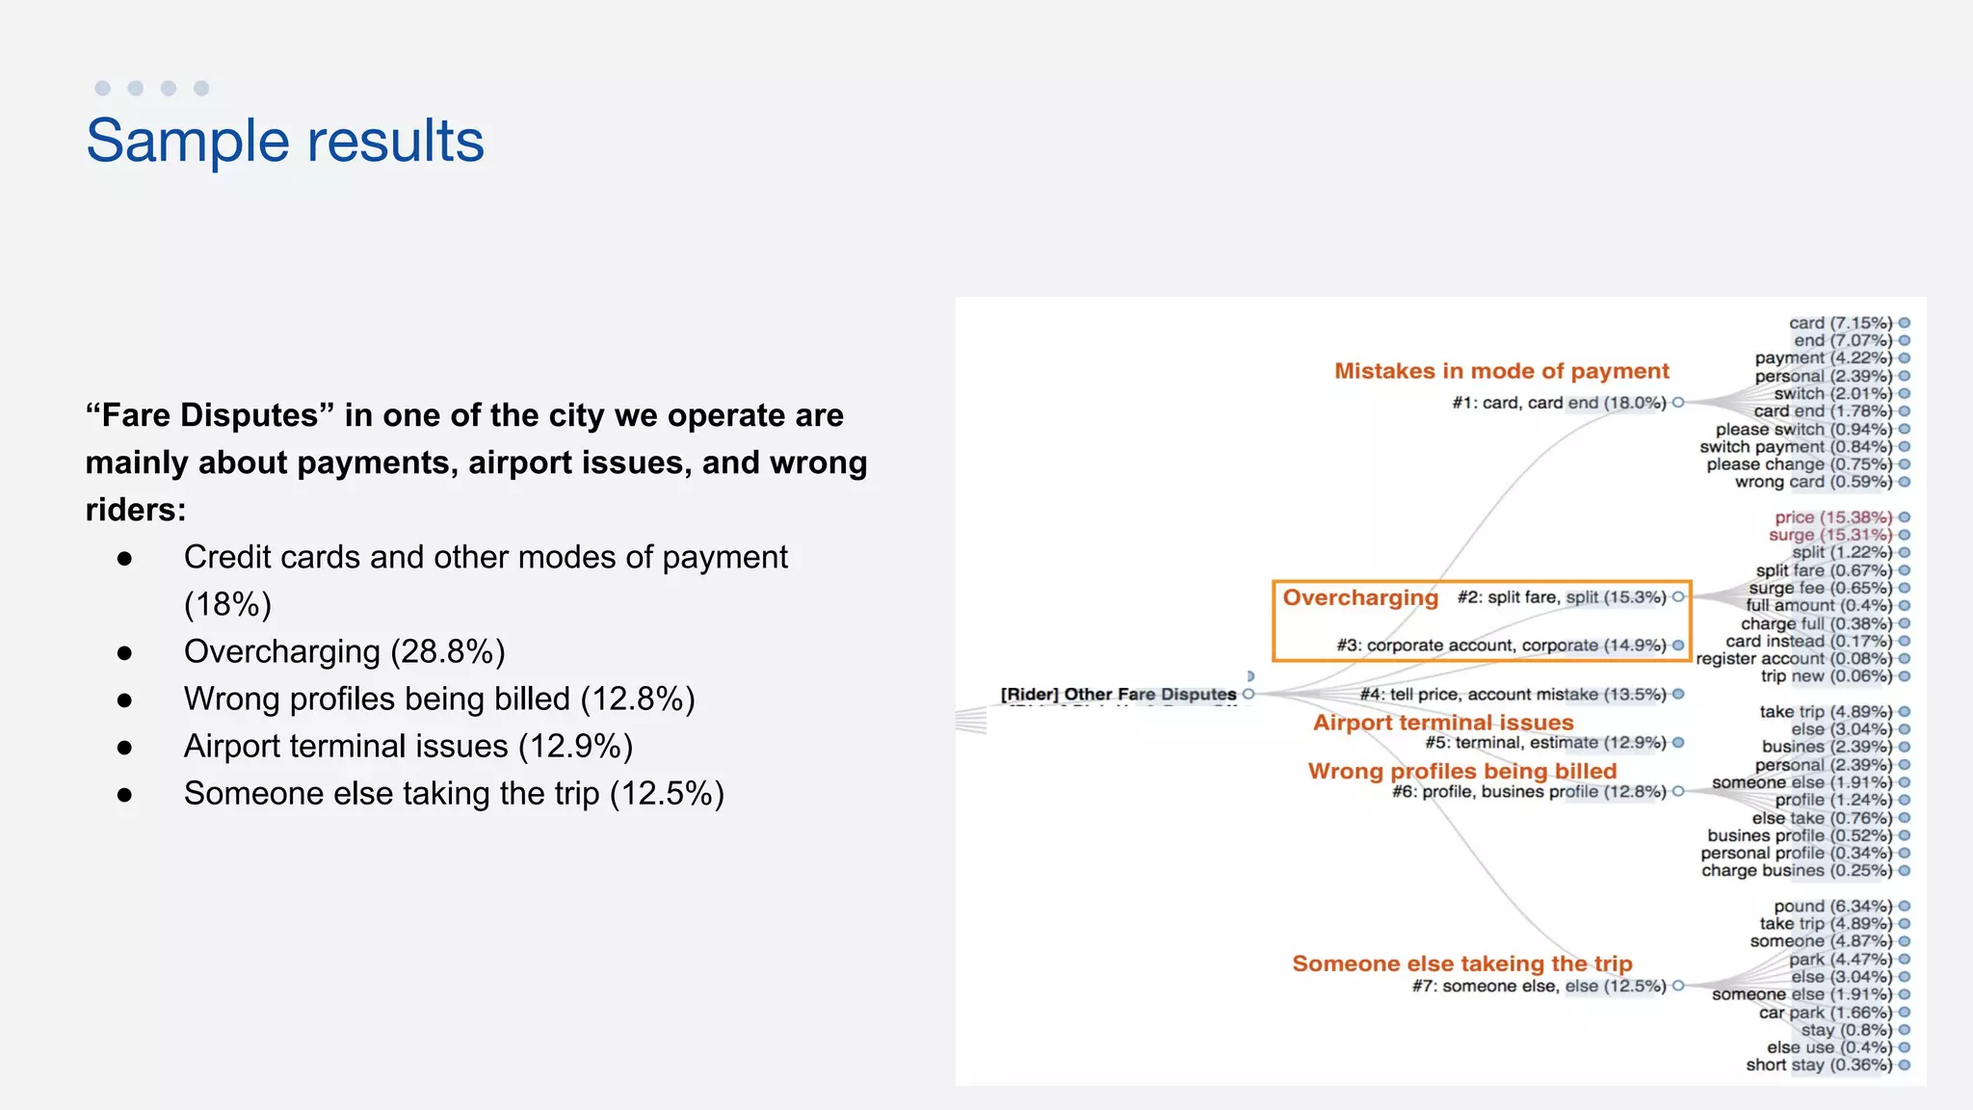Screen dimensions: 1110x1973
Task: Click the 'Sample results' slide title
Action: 285,141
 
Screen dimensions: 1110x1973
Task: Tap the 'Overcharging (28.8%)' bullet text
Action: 344,652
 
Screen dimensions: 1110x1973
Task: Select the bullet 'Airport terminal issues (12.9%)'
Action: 408,747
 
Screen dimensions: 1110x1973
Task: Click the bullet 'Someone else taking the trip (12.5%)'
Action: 453,794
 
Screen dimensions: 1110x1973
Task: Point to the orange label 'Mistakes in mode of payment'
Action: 1501,371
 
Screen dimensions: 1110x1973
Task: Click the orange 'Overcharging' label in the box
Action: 1359,597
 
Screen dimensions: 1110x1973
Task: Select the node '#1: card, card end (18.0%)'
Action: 1559,403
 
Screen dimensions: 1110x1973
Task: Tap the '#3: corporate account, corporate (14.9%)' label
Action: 1501,646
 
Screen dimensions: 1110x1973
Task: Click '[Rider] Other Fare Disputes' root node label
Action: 1118,694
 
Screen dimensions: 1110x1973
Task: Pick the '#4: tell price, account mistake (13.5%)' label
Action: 1513,695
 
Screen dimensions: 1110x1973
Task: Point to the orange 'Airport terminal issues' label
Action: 1443,723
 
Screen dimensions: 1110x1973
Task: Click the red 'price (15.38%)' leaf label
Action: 1833,517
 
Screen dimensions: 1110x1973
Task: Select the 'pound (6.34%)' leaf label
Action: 1832,907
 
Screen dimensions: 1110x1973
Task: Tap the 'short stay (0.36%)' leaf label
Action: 1819,1065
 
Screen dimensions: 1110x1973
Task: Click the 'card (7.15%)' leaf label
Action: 1840,323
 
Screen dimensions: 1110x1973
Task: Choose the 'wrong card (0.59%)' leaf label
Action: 1813,482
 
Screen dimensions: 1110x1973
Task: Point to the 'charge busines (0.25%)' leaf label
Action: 1796,871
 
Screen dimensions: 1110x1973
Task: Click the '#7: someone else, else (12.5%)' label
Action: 1539,986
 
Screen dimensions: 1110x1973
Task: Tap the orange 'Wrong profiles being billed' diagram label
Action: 1461,771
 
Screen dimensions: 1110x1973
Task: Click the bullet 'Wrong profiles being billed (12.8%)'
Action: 438,700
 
